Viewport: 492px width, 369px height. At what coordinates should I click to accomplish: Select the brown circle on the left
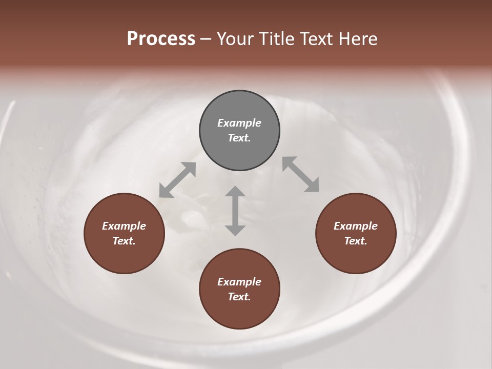coord(124,233)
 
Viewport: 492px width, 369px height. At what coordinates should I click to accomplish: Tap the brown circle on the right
coord(356,233)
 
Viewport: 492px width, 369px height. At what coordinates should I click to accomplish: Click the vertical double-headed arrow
coord(235,211)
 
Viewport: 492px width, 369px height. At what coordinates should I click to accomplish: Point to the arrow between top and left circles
coord(177,180)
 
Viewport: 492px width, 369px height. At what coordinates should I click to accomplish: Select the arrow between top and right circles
coord(301,174)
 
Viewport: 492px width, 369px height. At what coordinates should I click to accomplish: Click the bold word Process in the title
coord(161,39)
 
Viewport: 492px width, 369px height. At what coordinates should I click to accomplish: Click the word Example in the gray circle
coord(239,123)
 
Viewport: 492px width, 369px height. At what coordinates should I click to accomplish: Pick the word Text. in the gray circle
coord(239,138)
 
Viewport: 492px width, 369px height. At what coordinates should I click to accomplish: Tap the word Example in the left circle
coord(124,226)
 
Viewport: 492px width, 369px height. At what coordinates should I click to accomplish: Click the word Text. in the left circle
coord(124,241)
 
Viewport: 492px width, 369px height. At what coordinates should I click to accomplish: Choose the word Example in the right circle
coord(356,226)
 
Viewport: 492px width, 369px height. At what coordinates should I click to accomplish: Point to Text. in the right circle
coord(356,241)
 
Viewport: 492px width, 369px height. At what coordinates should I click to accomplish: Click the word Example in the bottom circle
coord(239,282)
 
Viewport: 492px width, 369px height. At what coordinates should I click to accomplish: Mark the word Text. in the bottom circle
coord(239,297)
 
